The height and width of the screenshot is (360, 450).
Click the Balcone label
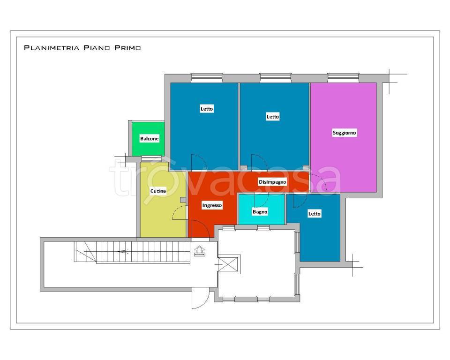click(149, 139)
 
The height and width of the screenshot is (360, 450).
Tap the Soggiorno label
click(345, 133)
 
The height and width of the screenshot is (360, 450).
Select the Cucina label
click(158, 191)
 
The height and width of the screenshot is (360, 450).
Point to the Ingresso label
click(212, 205)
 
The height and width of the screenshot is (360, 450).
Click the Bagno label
click(260, 212)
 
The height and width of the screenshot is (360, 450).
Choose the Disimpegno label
click(272, 182)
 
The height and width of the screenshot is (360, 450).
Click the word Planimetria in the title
click(52, 48)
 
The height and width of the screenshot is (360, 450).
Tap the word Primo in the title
click(127, 48)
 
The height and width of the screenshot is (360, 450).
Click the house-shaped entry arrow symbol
click(200, 251)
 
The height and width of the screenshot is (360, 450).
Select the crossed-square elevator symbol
click(228, 264)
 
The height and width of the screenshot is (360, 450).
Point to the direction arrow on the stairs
click(123, 252)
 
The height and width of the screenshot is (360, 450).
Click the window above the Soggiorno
click(343, 78)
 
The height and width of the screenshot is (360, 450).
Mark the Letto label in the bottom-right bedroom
click(314, 214)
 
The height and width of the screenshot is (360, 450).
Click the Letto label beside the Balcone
click(207, 109)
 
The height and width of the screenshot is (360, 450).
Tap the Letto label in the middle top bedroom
click(273, 117)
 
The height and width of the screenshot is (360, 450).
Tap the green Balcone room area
click(149, 139)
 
